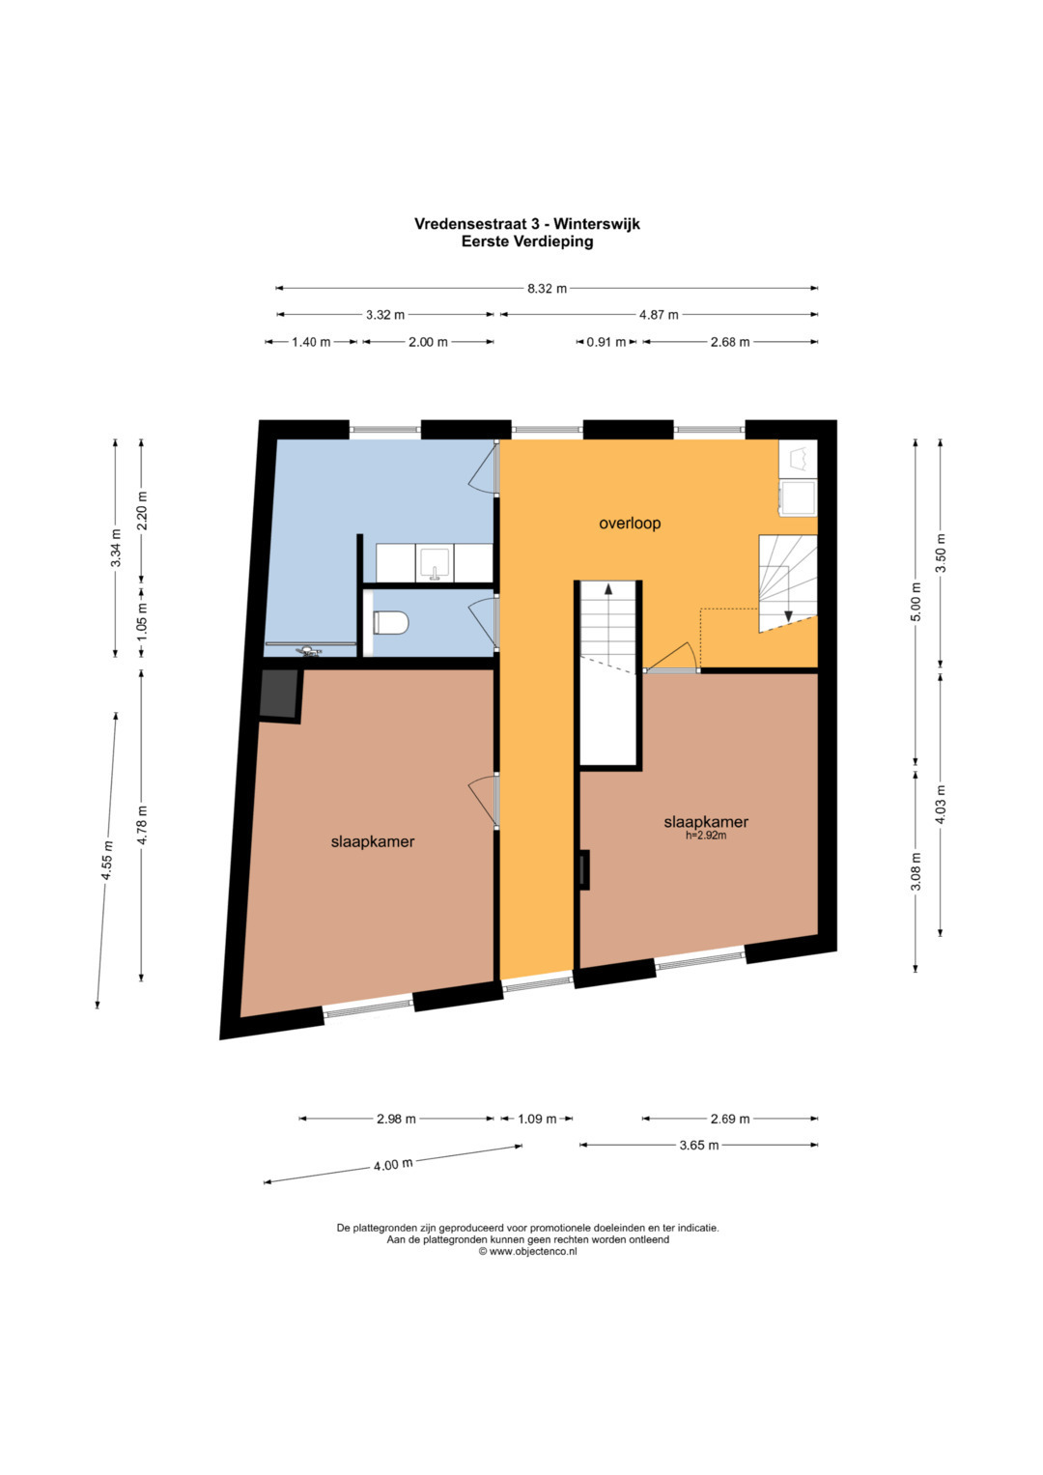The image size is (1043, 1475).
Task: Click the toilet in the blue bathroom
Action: pyautogui.click(x=390, y=622)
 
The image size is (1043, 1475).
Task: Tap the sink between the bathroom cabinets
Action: pyautogui.click(x=435, y=564)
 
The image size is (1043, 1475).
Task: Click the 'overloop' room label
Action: pyautogui.click(x=630, y=524)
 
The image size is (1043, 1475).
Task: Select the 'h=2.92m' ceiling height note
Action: pyautogui.click(x=706, y=836)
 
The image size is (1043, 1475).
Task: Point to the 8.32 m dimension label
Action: pyautogui.click(x=547, y=289)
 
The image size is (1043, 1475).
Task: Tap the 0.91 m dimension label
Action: pyautogui.click(x=606, y=342)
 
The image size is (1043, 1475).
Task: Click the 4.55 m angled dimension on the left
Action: pyautogui.click(x=106, y=860)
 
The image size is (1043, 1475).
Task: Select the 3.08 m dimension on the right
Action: pyautogui.click(x=916, y=870)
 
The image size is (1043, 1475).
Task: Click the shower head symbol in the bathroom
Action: pyautogui.click(x=308, y=652)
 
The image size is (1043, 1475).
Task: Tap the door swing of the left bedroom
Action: pyautogui.click(x=480, y=800)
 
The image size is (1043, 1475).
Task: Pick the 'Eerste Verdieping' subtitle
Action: pyautogui.click(x=526, y=241)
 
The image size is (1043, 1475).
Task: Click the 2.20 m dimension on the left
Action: pyautogui.click(x=141, y=510)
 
